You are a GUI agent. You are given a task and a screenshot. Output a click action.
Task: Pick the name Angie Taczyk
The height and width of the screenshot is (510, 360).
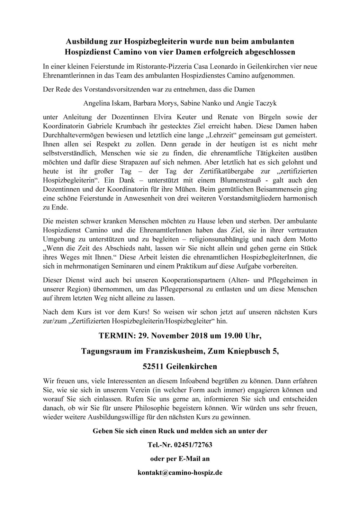pyautogui.click(x=256, y=103)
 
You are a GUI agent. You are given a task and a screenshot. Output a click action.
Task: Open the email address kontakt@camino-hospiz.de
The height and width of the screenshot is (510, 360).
pyautogui.click(x=180, y=473)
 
